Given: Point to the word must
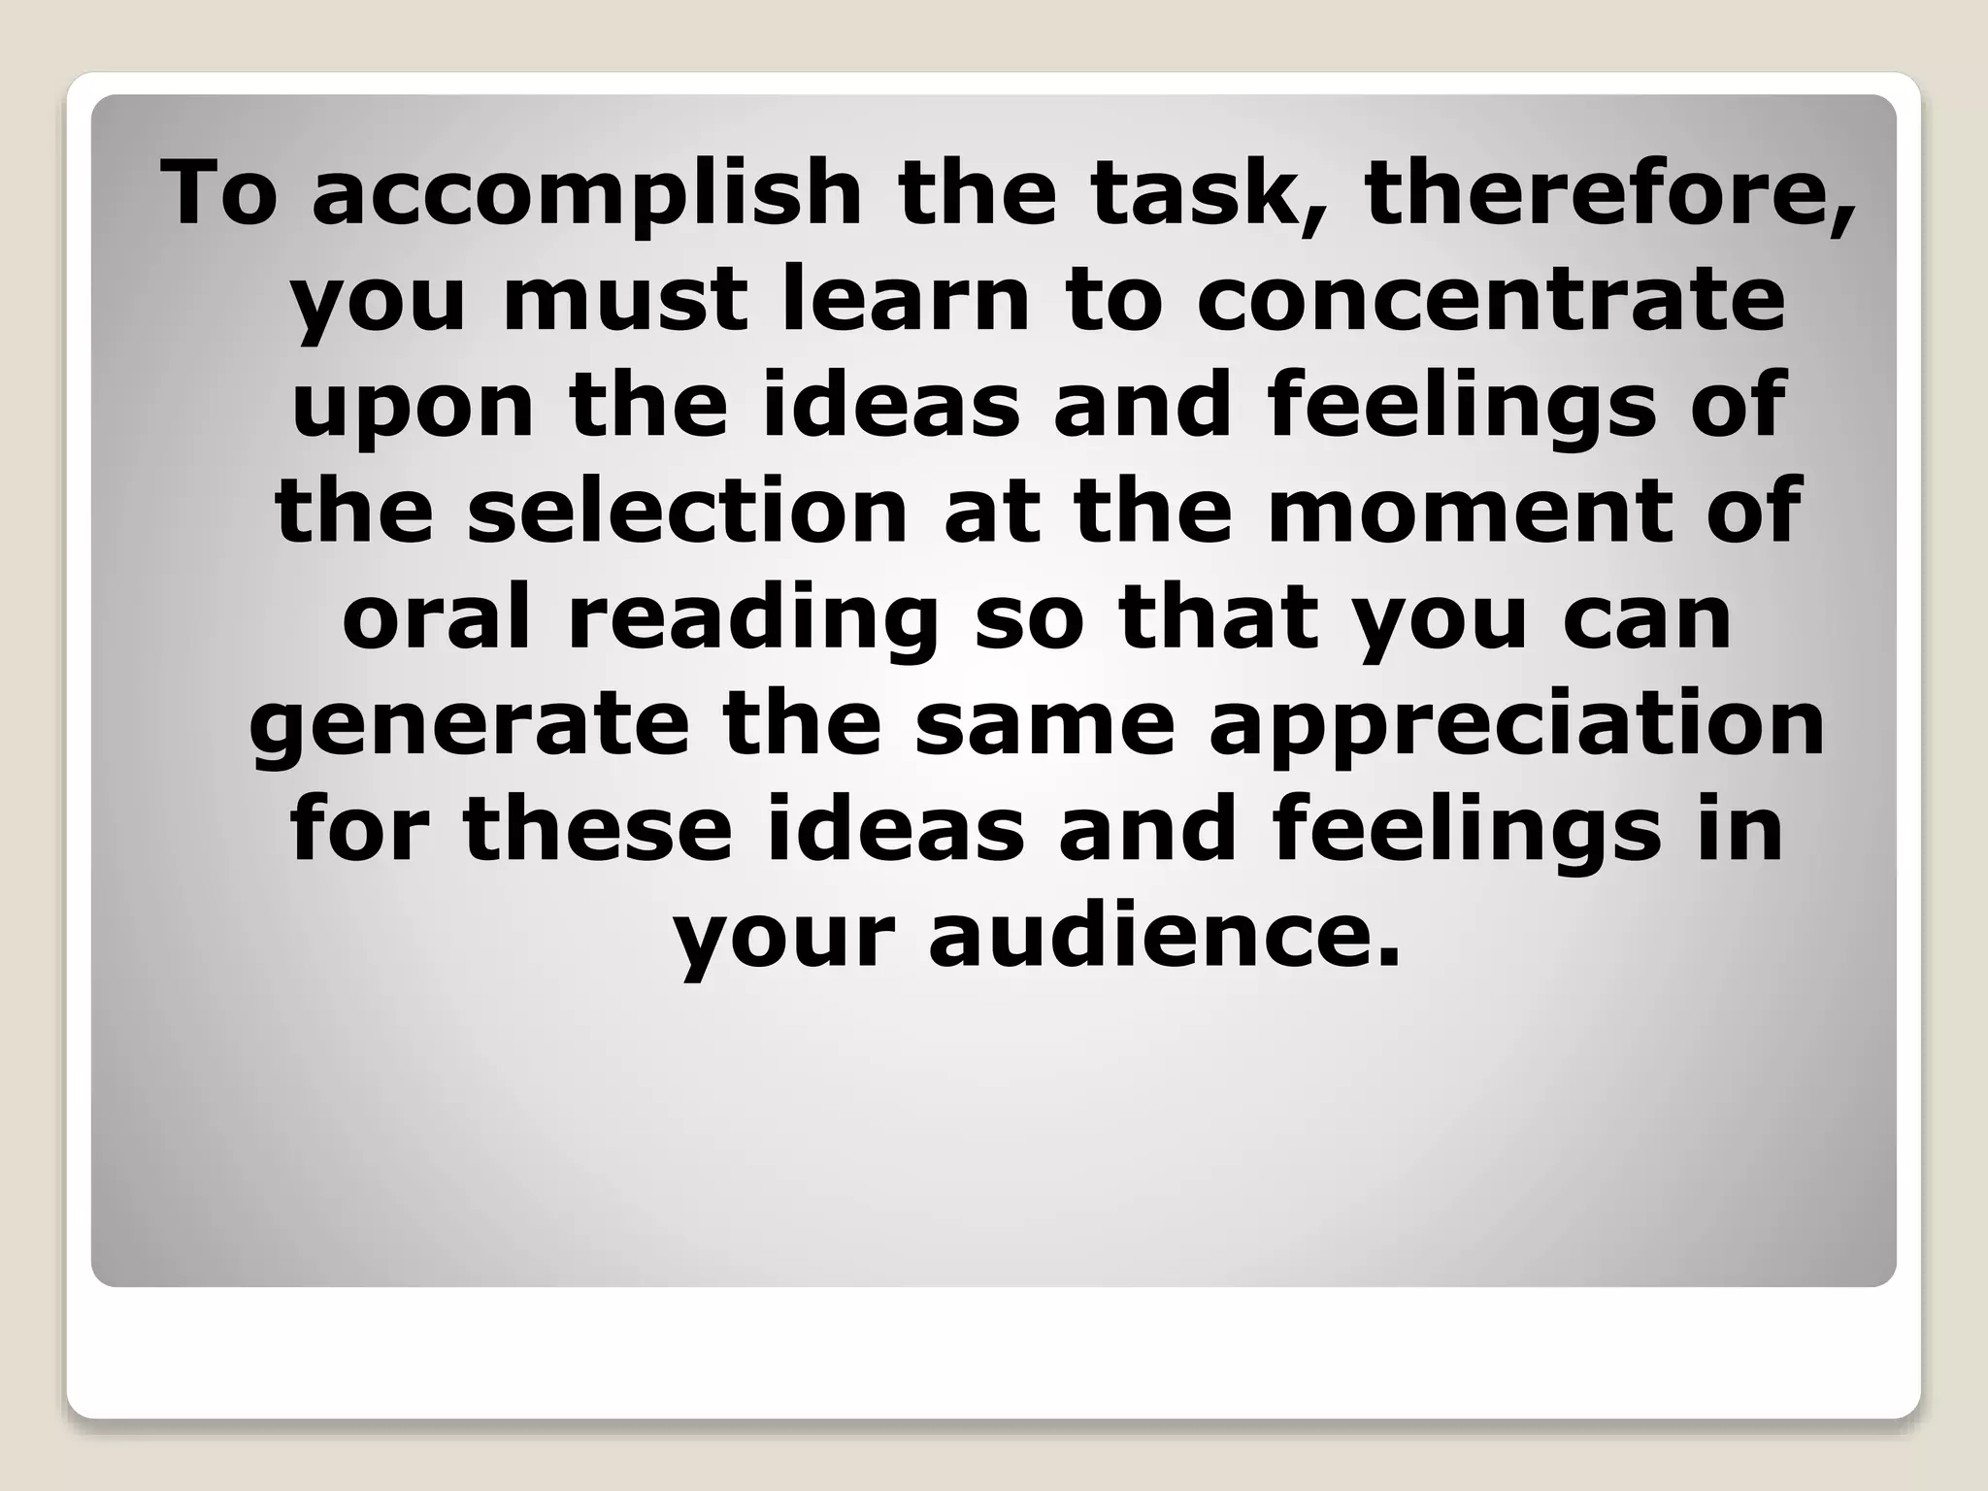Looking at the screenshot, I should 626,300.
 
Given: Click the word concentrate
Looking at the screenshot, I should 1490,300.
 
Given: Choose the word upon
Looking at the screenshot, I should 413,407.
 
